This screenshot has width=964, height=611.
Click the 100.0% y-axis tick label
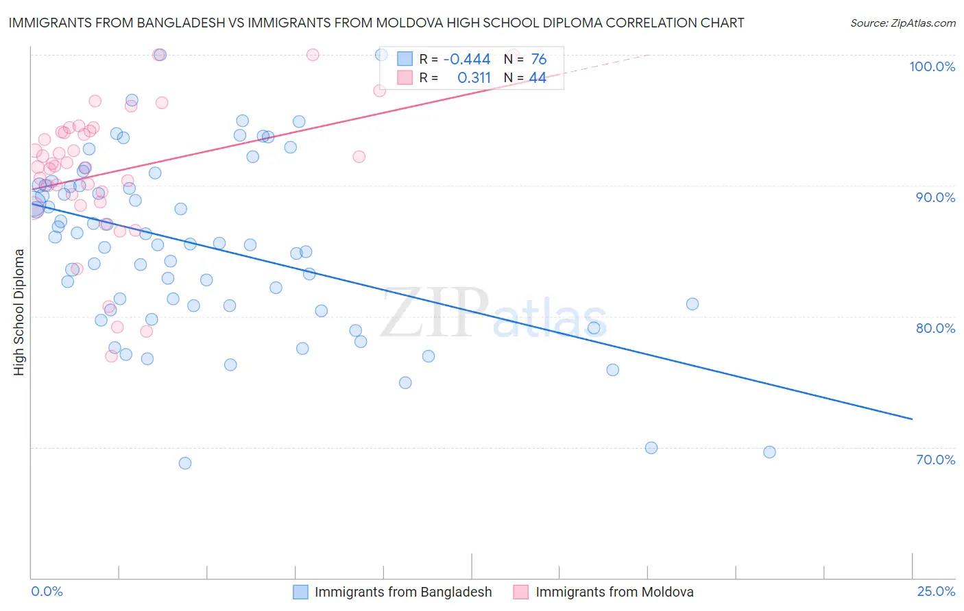[x=932, y=66]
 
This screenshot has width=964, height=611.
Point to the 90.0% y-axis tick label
[x=935, y=197]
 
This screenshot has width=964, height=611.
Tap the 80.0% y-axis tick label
[x=935, y=328]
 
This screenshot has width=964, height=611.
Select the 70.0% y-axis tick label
[x=935, y=460]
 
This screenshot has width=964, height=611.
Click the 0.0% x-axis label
[x=47, y=591]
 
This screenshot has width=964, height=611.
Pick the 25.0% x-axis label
[x=936, y=591]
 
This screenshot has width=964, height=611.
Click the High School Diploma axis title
[x=19, y=312]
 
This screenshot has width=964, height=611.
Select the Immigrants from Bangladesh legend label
[x=403, y=593]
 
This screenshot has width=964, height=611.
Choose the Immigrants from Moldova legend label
[x=614, y=593]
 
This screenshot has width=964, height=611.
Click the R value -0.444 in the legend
[x=467, y=60]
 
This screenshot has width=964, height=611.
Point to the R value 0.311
[x=474, y=78]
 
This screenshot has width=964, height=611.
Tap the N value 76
[x=539, y=60]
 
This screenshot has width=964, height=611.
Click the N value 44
[x=538, y=78]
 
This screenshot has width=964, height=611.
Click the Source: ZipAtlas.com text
[x=903, y=23]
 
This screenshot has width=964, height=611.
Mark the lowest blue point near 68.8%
[x=185, y=463]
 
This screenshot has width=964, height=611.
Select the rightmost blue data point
[x=769, y=452]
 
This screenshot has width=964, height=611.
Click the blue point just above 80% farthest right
[x=692, y=304]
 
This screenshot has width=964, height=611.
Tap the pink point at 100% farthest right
[x=313, y=55]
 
